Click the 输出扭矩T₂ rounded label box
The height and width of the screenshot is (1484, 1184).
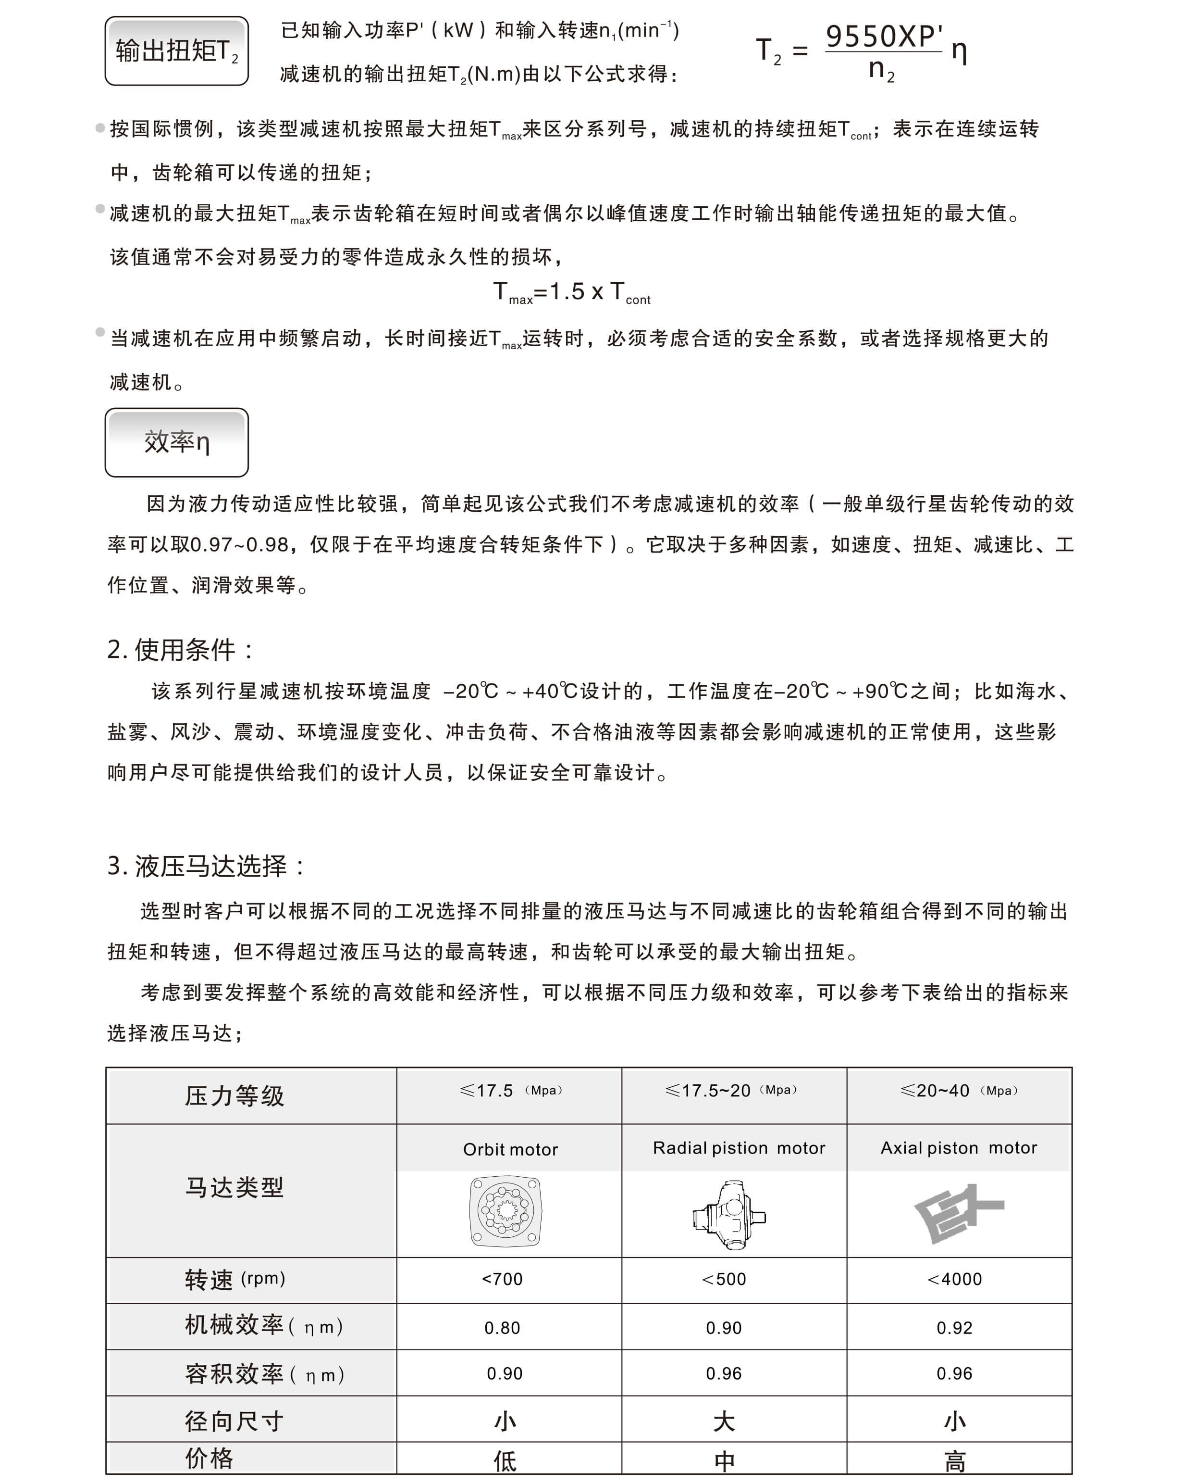click(x=176, y=51)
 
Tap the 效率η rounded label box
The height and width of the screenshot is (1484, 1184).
click(x=176, y=442)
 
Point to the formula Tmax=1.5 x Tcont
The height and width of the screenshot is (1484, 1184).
click(x=572, y=292)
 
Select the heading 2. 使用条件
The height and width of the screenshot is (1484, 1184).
click(x=180, y=649)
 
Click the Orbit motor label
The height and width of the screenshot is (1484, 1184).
click(x=510, y=1149)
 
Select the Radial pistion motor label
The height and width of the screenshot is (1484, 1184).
click(x=738, y=1148)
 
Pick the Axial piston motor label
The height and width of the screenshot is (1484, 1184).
click(x=958, y=1148)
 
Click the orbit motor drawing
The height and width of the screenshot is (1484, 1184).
click(x=506, y=1211)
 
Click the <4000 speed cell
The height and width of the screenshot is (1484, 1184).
click(x=954, y=1279)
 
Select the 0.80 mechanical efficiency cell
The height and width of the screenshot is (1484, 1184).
click(x=502, y=1328)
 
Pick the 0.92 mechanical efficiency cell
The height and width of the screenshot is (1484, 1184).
click(x=954, y=1328)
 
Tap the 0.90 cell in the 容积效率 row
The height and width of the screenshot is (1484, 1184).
click(x=504, y=1374)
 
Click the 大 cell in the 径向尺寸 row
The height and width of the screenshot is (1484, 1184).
click(x=724, y=1421)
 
